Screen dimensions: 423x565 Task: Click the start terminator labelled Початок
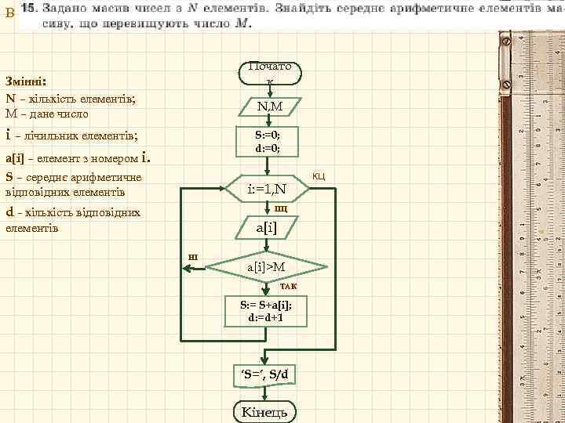click(x=269, y=72)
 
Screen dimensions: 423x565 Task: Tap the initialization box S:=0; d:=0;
click(x=268, y=142)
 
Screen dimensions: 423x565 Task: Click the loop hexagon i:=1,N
click(x=267, y=190)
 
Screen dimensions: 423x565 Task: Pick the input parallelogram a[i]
click(x=267, y=227)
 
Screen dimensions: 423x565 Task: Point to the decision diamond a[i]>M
click(x=267, y=268)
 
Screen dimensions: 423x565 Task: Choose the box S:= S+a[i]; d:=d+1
click(x=266, y=312)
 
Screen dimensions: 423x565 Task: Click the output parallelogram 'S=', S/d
click(x=267, y=374)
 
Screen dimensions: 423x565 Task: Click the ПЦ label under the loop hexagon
click(x=280, y=208)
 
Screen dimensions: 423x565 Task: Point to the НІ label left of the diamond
click(x=193, y=257)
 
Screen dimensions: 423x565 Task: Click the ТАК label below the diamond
click(x=289, y=287)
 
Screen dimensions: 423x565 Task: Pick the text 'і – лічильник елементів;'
click(x=71, y=136)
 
